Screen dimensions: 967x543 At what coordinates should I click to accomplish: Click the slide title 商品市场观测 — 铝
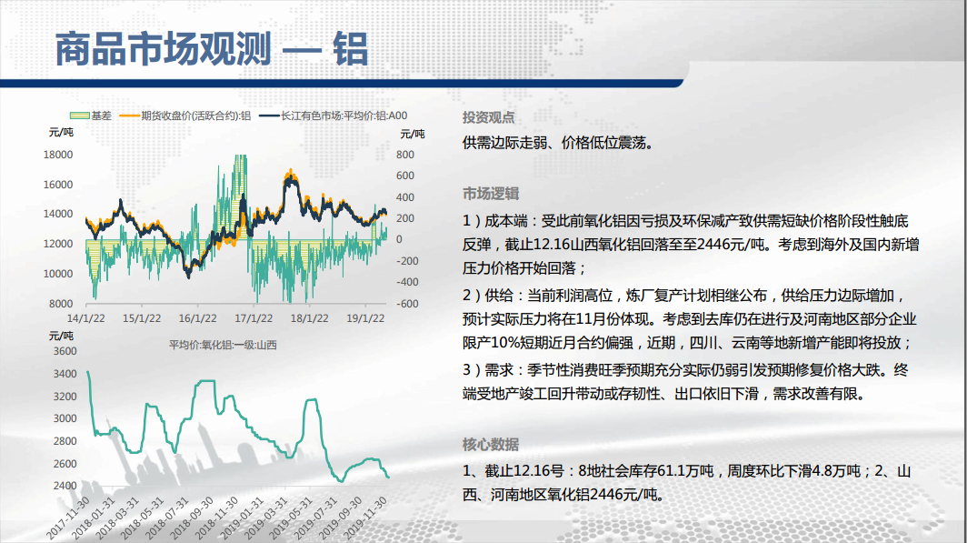pyautogui.click(x=212, y=49)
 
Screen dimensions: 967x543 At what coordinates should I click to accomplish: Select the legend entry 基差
pyautogui.click(x=91, y=116)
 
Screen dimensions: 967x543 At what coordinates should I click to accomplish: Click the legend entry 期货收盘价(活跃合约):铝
pyautogui.click(x=185, y=116)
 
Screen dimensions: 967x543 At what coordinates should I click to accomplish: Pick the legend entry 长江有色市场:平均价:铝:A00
pyautogui.click(x=334, y=116)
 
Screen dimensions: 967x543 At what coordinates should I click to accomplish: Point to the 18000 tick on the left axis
pyautogui.click(x=58, y=155)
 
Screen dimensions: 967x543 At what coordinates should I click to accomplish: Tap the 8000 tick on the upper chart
pyautogui.click(x=61, y=304)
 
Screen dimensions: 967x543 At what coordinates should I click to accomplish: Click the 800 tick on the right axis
pyautogui.click(x=405, y=155)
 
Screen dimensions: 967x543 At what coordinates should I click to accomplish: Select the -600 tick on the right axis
pyautogui.click(x=407, y=304)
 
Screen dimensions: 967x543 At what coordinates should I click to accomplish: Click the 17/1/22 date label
pyautogui.click(x=254, y=318)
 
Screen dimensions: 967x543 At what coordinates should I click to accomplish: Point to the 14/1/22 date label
pyautogui.click(x=85, y=318)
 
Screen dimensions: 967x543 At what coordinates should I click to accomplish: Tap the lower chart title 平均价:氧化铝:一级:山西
pyautogui.click(x=223, y=345)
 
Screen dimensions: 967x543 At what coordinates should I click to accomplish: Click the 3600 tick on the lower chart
pyautogui.click(x=65, y=351)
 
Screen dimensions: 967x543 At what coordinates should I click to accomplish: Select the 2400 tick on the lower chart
pyautogui.click(x=65, y=486)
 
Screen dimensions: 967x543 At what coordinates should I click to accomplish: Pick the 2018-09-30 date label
pyautogui.click(x=193, y=518)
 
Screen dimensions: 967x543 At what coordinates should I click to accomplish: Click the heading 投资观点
pyautogui.click(x=488, y=117)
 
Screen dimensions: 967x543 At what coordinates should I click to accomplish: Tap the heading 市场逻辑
pyautogui.click(x=491, y=194)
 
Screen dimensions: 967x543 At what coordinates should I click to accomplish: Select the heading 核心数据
pyautogui.click(x=491, y=444)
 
